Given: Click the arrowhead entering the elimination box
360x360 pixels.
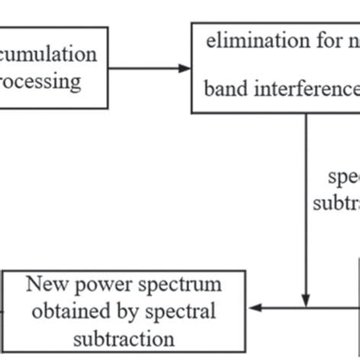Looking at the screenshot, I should pyautogui.click(x=184, y=69).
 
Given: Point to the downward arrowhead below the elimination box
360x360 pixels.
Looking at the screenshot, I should pyautogui.click(x=306, y=300).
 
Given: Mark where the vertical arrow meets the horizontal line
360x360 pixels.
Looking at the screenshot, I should pyautogui.click(x=306, y=308).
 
